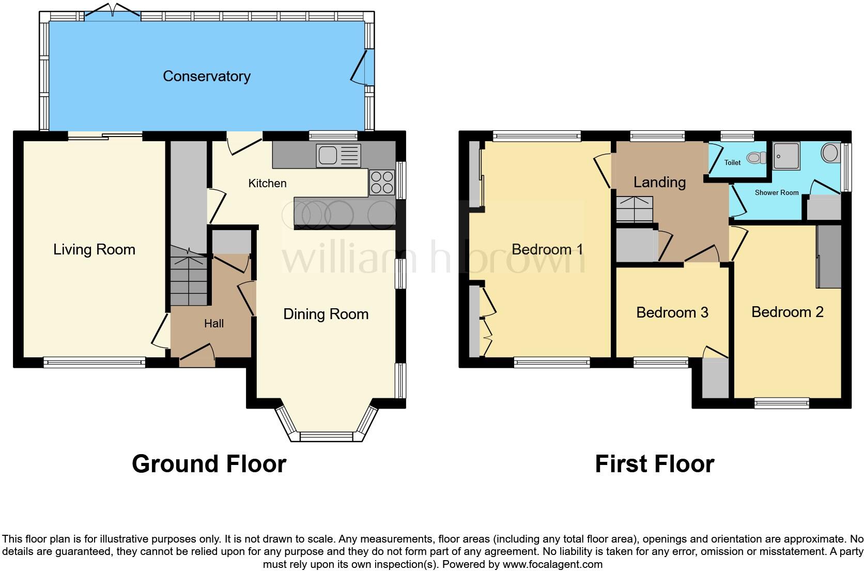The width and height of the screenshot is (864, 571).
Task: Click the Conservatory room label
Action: (206, 76)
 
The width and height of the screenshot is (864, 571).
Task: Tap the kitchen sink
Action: (338, 156)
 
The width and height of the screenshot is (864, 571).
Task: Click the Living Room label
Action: (94, 249)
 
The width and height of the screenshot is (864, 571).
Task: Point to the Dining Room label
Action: (326, 314)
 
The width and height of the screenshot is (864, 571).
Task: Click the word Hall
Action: (213, 323)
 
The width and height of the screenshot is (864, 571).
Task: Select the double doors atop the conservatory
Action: (112, 14)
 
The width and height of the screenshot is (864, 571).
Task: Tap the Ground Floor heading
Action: (209, 464)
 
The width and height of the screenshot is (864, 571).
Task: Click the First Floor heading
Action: (654, 464)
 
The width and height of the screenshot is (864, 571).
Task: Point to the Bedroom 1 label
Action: (547, 249)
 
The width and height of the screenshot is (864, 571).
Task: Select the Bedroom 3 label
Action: (672, 312)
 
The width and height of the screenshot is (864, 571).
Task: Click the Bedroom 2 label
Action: (787, 312)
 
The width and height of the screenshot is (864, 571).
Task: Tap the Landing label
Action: (659, 182)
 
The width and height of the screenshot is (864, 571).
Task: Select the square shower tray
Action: (786, 156)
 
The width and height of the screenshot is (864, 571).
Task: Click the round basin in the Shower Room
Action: (830, 153)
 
